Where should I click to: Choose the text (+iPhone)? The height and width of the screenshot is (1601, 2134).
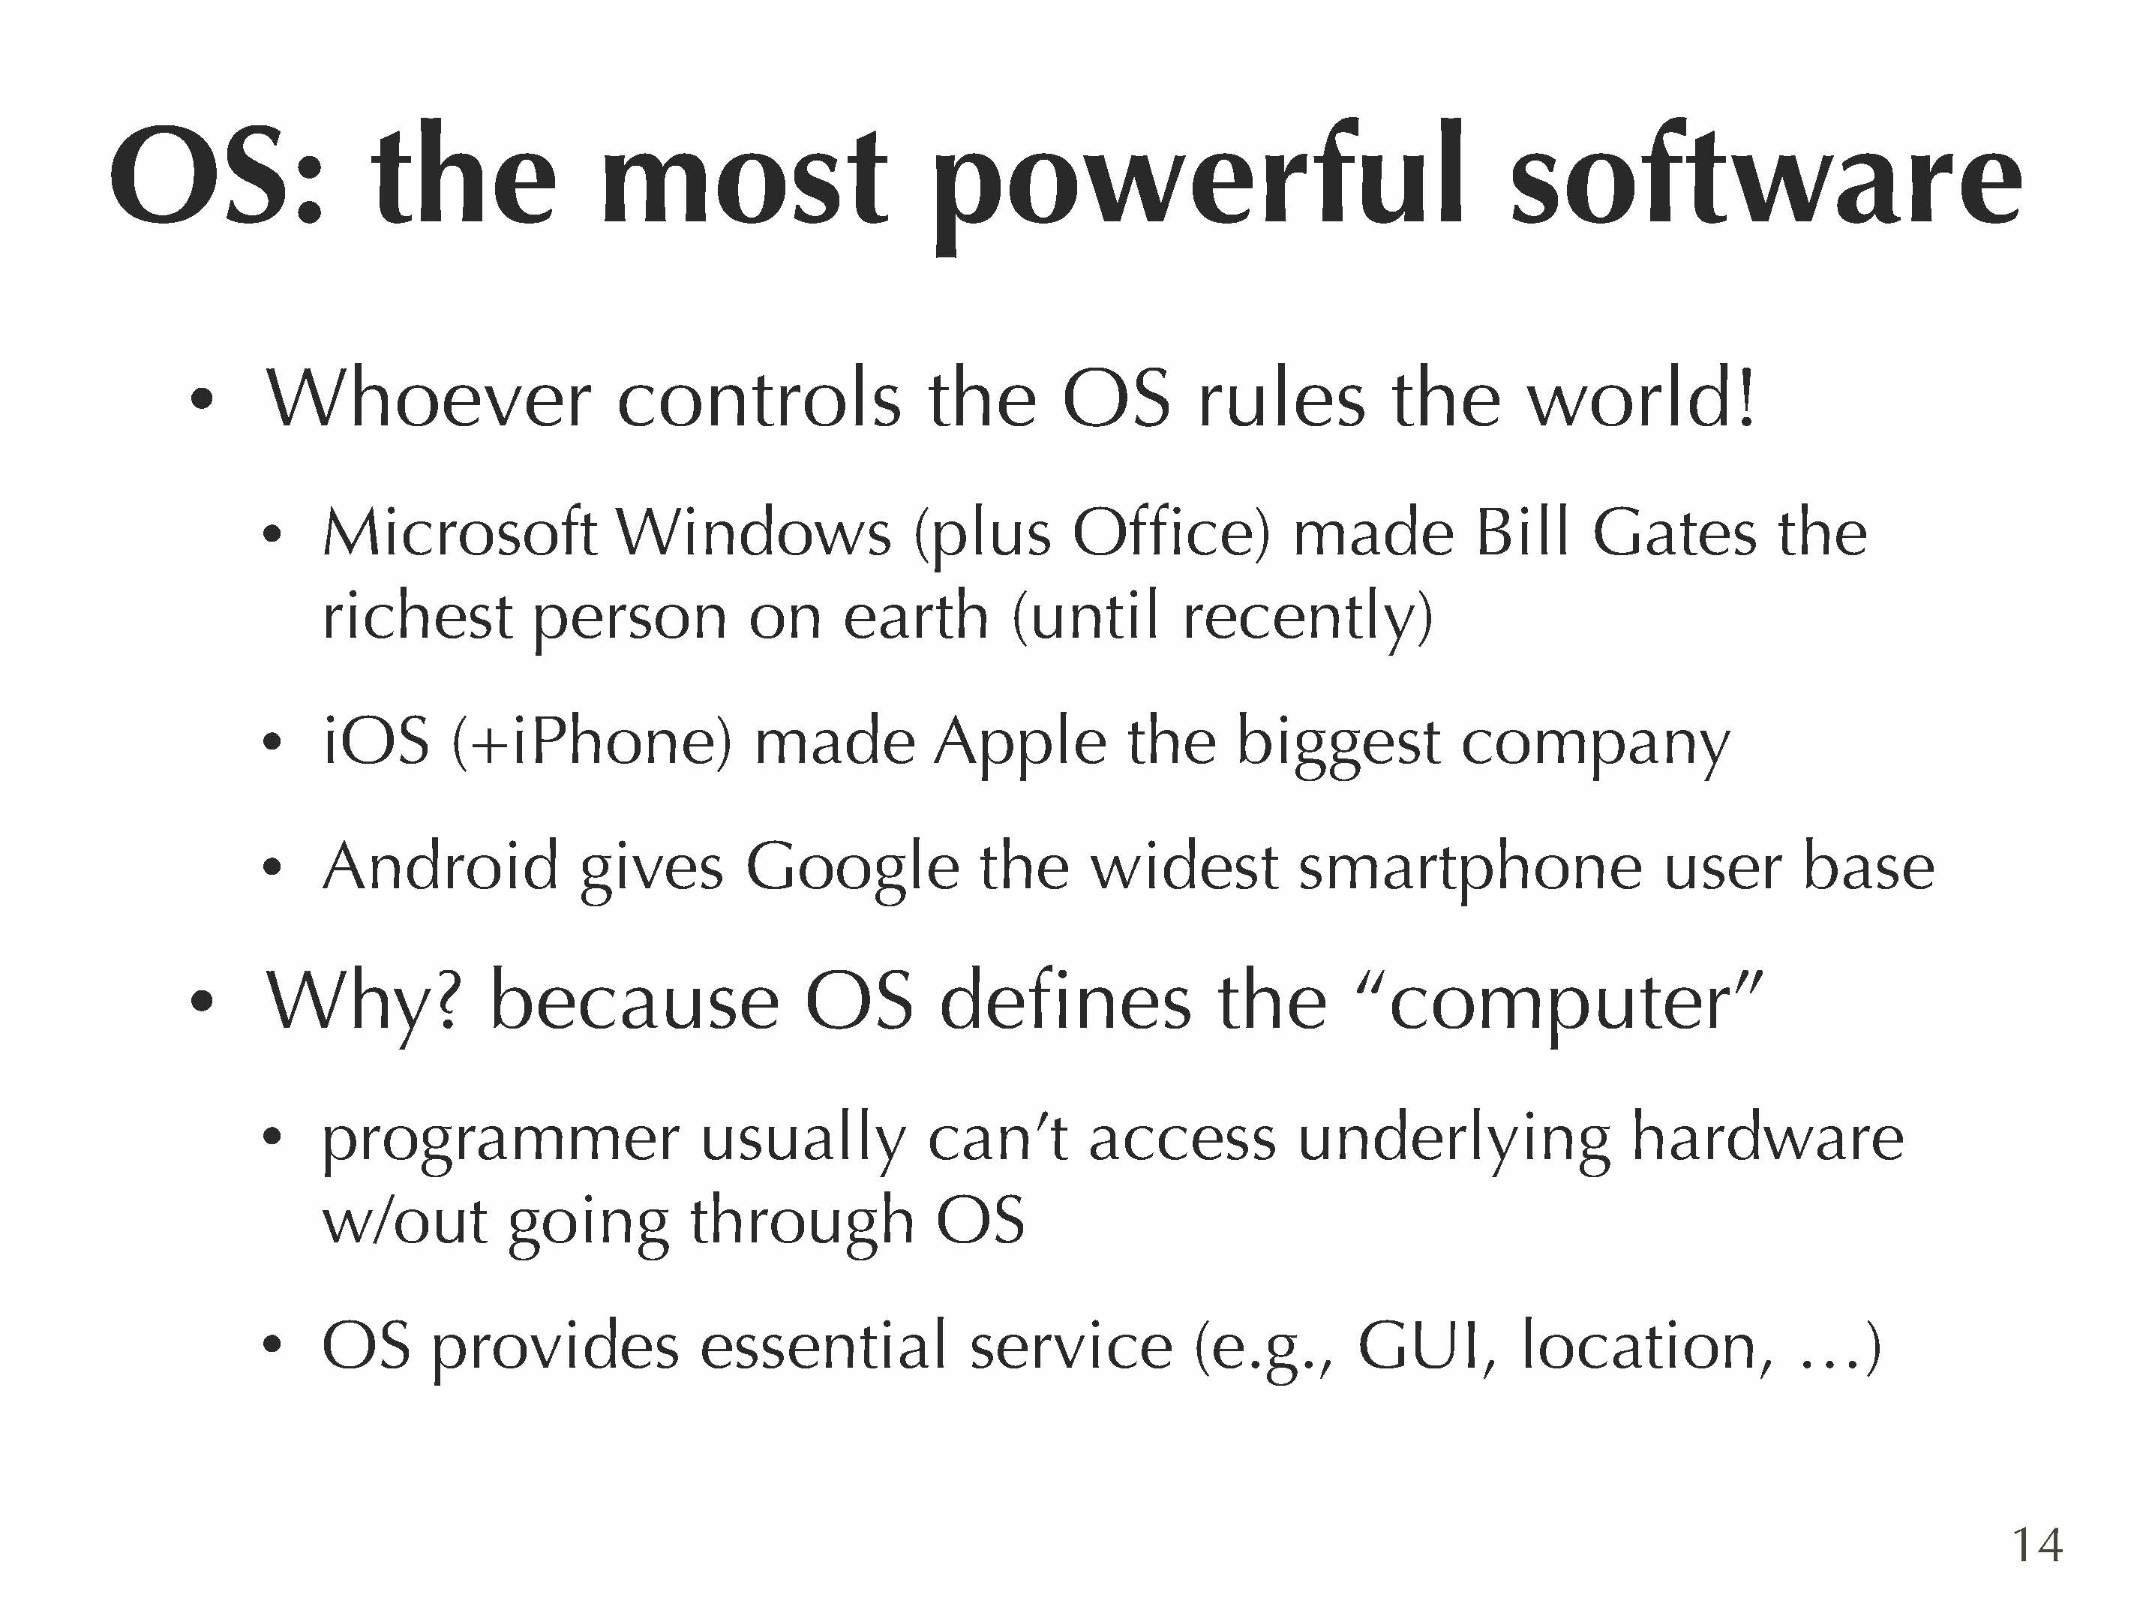point(591,743)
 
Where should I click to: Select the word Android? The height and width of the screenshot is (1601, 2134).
point(441,866)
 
